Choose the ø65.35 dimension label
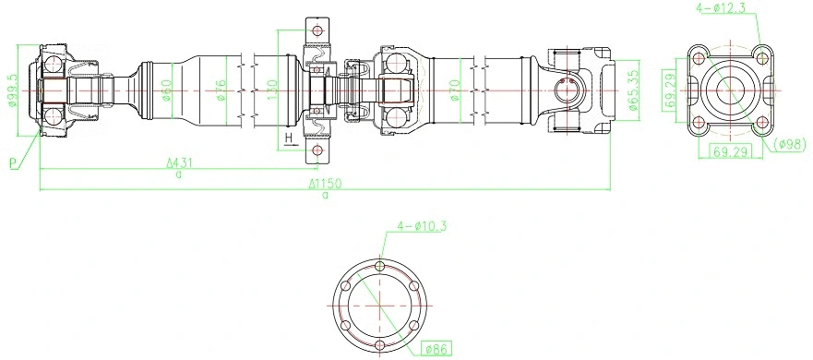633,90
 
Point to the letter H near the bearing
288,138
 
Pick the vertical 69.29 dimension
670,90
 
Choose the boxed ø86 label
435,348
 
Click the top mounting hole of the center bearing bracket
319,30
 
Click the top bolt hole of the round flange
381,267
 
